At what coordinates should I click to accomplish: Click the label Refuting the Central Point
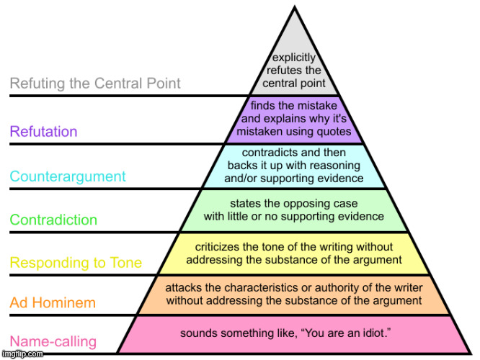pos(95,84)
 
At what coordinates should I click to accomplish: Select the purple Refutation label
pos(43,131)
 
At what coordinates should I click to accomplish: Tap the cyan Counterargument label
pos(68,176)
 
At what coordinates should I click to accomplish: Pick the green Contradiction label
pos(53,220)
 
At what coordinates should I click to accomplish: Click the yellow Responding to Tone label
pos(76,263)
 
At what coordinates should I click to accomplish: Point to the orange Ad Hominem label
pos(53,303)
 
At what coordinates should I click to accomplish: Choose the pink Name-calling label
pos(53,341)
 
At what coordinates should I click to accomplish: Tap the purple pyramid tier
pos(295,118)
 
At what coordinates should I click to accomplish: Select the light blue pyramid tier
pos(294,166)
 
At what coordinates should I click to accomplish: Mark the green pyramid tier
pos(294,210)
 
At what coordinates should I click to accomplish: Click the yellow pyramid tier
pos(294,253)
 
